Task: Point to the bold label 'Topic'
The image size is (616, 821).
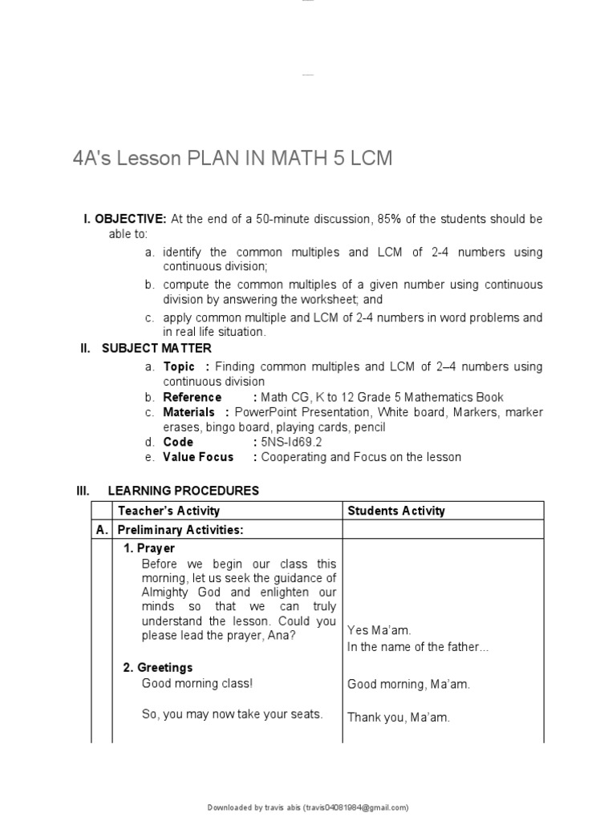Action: point(179,366)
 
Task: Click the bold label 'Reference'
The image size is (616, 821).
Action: point(192,397)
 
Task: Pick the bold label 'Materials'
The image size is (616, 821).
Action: point(189,412)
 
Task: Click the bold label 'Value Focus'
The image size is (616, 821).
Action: point(198,457)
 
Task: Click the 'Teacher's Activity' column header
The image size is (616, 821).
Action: point(168,511)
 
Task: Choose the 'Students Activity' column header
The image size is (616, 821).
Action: point(395,511)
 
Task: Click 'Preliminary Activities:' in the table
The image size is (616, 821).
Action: point(180,530)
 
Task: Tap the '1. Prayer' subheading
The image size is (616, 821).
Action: point(148,548)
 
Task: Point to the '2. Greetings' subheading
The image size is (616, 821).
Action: point(158,667)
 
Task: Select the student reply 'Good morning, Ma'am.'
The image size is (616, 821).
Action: point(408,684)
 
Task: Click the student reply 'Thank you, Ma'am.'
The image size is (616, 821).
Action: point(398,718)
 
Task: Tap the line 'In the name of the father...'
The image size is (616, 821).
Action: point(417,646)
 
